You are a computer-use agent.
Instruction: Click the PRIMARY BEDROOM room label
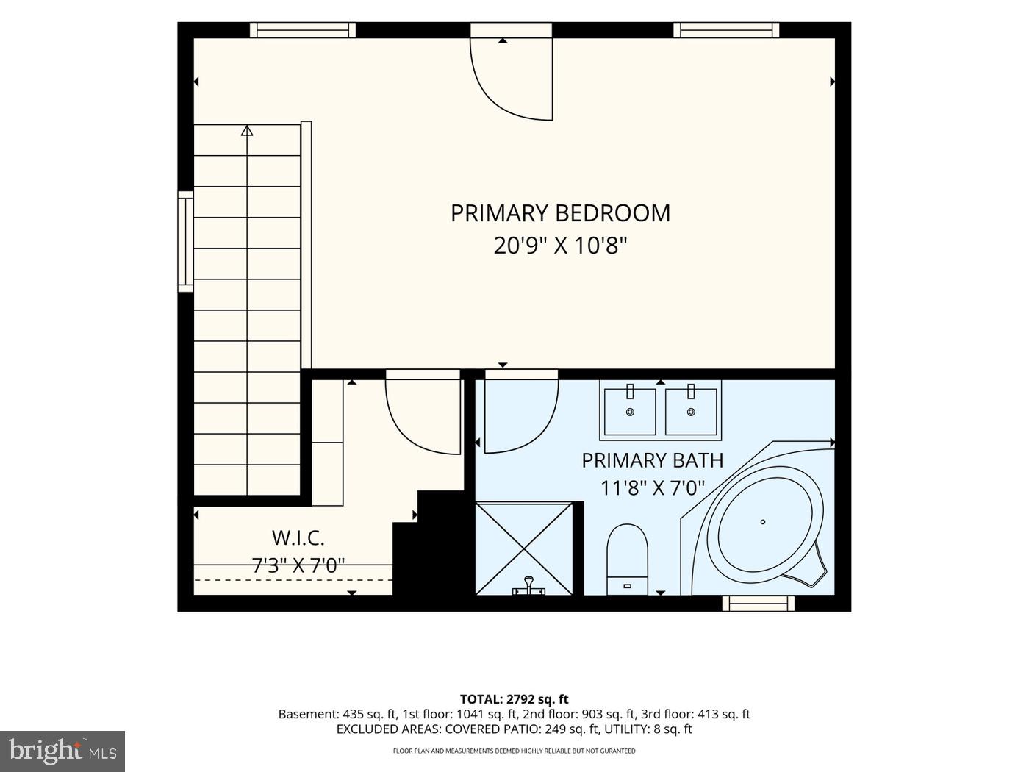coord(560,212)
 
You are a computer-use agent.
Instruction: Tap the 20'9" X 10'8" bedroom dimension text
coord(560,245)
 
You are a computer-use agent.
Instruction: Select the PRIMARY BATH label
coord(653,460)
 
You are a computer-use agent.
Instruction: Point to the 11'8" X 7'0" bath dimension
coord(653,488)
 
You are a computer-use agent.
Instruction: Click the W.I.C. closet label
coord(298,537)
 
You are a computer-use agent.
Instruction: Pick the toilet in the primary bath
coord(627,560)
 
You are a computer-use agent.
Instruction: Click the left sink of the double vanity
coord(630,412)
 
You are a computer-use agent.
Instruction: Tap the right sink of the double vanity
coord(691,412)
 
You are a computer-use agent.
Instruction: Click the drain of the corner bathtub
coord(763,522)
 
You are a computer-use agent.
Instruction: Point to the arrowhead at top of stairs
coord(247,131)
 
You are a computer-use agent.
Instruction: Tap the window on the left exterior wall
coord(186,241)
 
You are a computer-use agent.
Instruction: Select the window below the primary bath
coord(759,604)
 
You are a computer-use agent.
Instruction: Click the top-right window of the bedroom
coord(727,29)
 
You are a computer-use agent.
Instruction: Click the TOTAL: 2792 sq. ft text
coord(514,699)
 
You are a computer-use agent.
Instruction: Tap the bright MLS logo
coord(62,751)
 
